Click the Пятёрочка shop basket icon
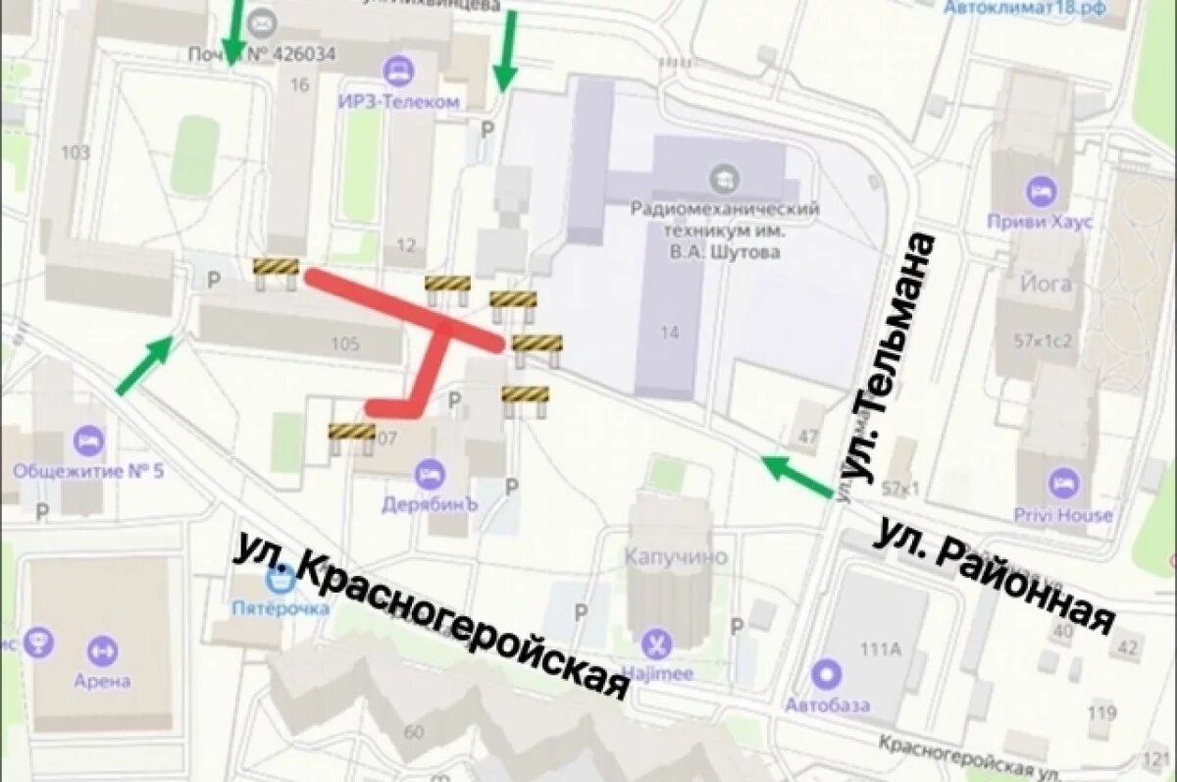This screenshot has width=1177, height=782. pos(281,581)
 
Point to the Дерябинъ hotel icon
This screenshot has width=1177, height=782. pos(430,476)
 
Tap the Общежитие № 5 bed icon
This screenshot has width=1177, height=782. pos(88,442)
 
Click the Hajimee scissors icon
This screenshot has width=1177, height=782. pos(656,645)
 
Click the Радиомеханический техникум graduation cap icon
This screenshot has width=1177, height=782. pos(725,179)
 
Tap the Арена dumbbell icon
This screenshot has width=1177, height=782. pos(101,651)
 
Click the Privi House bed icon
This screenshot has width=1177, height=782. pos(1063,484)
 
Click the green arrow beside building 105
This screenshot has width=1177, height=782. pos(145,364)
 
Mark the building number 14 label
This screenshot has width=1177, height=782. pos(669,333)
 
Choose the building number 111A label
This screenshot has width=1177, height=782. pos(880,649)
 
